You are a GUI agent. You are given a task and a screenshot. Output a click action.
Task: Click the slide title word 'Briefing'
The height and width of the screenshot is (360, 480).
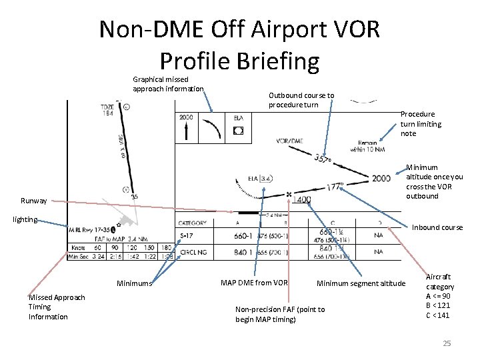point(275,61)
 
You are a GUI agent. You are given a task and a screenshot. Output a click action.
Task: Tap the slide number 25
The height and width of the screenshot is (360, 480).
point(447,343)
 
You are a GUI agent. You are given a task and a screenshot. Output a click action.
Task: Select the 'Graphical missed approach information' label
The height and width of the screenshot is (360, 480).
point(168,84)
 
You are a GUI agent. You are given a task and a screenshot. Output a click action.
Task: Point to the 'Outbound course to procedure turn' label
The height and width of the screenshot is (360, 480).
point(301,100)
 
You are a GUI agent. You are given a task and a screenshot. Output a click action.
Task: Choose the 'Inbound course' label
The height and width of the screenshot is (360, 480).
point(437,227)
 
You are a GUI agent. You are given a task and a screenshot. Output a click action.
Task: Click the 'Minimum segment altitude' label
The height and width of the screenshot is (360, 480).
point(361,283)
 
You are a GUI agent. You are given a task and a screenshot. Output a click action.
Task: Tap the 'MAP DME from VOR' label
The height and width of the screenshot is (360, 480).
point(253,283)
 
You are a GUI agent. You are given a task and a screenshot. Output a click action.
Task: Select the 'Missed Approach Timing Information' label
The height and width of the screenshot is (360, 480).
point(56,307)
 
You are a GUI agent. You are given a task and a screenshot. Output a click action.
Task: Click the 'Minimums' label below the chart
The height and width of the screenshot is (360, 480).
point(134,283)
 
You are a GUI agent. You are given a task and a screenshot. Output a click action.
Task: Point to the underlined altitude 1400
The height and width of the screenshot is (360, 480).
point(301,199)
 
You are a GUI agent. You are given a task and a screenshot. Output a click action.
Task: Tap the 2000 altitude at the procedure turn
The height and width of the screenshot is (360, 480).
point(381,178)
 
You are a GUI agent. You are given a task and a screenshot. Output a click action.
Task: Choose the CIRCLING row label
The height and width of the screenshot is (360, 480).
point(194,252)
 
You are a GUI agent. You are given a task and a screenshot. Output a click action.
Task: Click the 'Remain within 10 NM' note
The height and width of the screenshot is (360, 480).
point(367,146)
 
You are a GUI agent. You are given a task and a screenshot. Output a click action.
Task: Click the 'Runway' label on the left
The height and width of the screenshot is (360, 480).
point(33,200)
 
